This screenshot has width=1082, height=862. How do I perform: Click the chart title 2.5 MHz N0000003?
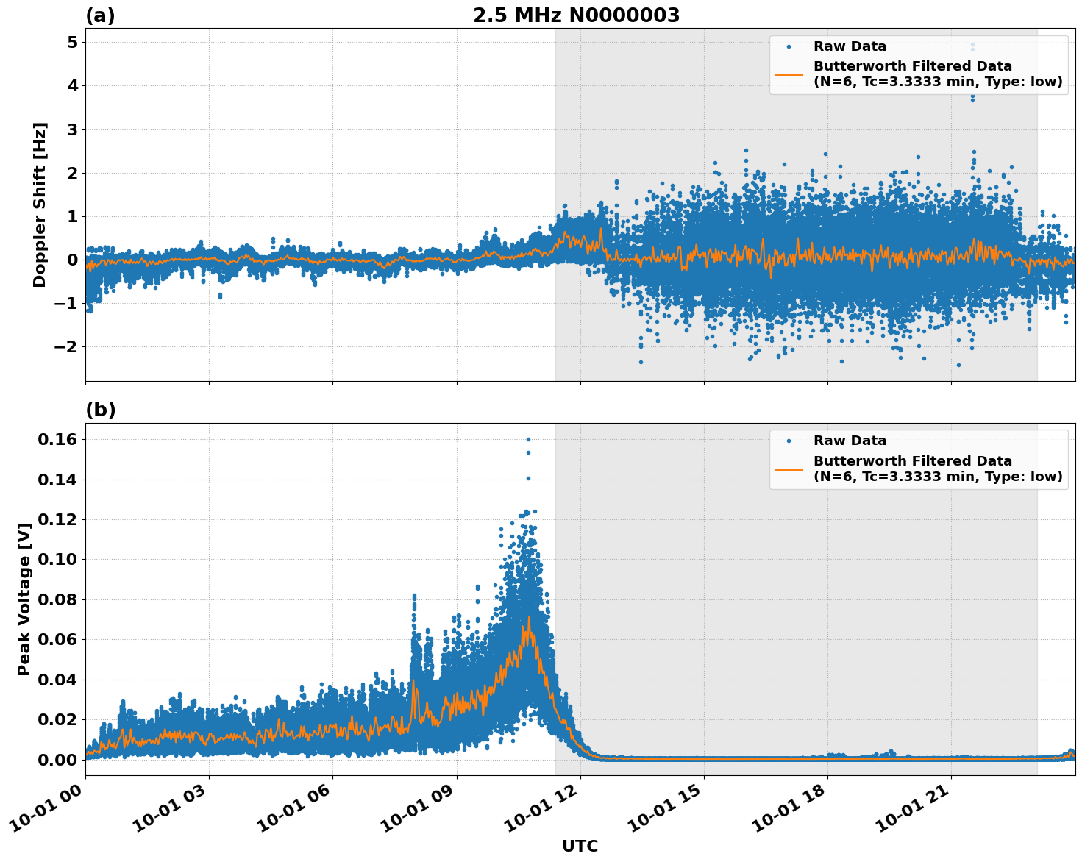(x=576, y=15)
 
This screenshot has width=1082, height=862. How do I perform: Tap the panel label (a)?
(x=100, y=15)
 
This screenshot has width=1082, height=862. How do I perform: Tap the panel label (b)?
(x=100, y=410)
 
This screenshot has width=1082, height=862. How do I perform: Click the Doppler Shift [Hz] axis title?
(x=40, y=204)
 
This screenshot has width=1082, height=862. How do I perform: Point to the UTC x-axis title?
(x=580, y=846)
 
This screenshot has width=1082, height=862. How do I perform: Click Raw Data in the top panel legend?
(x=850, y=46)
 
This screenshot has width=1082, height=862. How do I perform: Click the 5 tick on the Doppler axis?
(x=72, y=43)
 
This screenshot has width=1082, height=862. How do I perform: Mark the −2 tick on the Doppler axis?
(x=66, y=346)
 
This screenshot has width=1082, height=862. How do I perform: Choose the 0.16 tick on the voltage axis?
(x=57, y=439)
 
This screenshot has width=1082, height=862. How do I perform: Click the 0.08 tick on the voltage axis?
(x=57, y=599)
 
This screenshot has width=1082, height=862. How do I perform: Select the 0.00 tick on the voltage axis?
(x=57, y=759)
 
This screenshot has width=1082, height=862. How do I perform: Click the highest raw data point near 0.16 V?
(x=528, y=439)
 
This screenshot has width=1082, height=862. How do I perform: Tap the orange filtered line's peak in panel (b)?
(x=528, y=618)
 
